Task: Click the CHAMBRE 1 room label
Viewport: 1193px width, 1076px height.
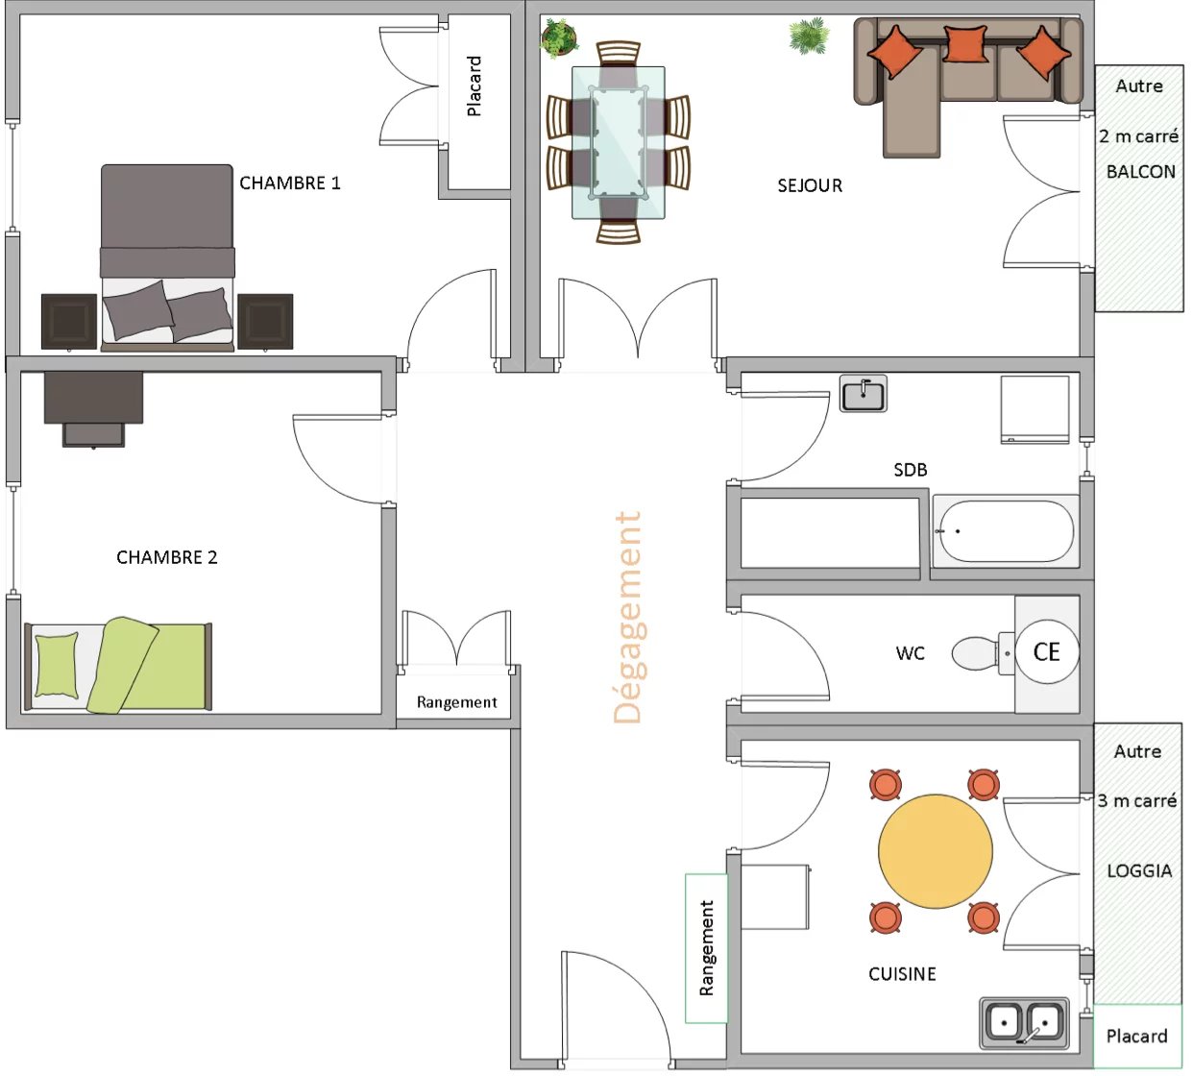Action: point(290,183)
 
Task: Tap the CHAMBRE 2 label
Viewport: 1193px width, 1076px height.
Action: point(166,557)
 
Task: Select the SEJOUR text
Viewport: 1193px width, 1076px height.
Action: point(810,185)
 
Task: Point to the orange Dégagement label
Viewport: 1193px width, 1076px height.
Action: point(628,617)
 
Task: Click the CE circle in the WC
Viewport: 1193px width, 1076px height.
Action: point(1046,651)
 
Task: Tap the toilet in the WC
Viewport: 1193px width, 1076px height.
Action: point(983,653)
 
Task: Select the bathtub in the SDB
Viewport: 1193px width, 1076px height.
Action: point(1005,531)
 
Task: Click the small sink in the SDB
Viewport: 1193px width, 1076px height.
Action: point(863,393)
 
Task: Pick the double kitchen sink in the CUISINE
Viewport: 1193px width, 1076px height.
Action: point(1024,1022)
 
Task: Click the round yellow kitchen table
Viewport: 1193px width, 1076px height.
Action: point(936,851)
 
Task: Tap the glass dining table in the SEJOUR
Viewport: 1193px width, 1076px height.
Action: point(618,143)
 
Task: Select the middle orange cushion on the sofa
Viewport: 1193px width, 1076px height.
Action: point(965,43)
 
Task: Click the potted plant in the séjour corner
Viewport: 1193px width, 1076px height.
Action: point(559,38)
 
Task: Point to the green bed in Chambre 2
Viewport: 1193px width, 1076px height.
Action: point(118,666)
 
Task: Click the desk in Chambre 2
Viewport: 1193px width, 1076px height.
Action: point(93,408)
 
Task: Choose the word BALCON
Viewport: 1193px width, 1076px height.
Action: point(1141,172)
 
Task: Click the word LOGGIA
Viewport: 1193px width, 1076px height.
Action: point(1139,870)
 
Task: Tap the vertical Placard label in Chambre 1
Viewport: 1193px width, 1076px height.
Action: point(474,86)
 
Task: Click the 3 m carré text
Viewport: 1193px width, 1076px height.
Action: point(1137,800)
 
